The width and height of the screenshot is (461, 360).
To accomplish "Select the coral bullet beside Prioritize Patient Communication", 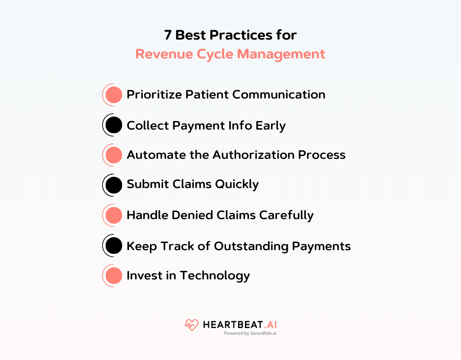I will point(113,94).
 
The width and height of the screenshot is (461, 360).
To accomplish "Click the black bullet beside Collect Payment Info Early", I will point(113,125).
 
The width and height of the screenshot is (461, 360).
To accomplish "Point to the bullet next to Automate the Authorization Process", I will point(113,155).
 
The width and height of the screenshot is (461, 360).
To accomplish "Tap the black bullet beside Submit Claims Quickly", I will point(113,184).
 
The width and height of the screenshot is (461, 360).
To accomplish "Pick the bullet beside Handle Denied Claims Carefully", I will point(113,215).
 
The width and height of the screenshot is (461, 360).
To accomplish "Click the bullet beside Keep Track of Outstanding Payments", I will point(113,246).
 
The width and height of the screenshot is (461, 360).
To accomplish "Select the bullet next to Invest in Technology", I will point(113,275).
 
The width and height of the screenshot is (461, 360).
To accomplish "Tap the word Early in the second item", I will point(270,125).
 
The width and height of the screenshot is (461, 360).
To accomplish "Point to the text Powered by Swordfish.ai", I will point(250,334).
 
